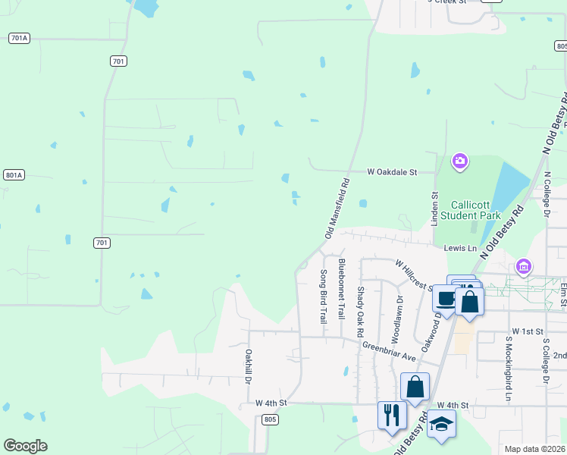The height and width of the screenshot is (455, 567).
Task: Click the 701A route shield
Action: point(19,38)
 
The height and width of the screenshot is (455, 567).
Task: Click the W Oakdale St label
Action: point(393,172)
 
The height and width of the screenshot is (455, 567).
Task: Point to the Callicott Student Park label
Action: point(476,210)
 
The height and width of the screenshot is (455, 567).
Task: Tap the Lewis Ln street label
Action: point(460,248)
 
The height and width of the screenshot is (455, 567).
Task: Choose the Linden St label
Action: point(435,206)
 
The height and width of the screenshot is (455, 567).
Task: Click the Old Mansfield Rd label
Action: point(337,209)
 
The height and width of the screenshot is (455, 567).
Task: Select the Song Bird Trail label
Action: point(323,296)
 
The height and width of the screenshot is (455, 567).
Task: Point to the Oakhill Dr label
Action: point(248,366)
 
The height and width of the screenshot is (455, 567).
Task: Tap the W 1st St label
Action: point(528,332)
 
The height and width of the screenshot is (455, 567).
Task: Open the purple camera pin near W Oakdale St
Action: point(459,161)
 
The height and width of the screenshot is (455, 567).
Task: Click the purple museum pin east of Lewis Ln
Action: point(522,267)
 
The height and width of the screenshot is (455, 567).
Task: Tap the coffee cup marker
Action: point(446,298)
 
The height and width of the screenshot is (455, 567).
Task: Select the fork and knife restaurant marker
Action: point(392,415)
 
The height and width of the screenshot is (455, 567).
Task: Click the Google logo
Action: point(25,446)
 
